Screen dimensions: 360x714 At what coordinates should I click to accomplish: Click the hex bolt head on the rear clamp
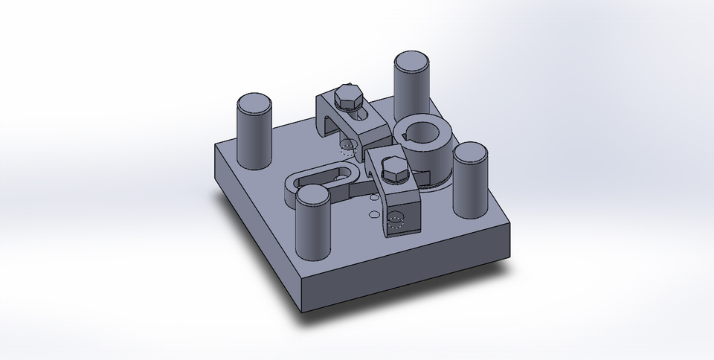pyautogui.click(x=347, y=96)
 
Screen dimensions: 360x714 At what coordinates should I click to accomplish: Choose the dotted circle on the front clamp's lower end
pyautogui.click(x=395, y=217)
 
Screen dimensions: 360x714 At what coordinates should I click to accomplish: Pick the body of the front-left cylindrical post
pyautogui.click(x=312, y=231)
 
